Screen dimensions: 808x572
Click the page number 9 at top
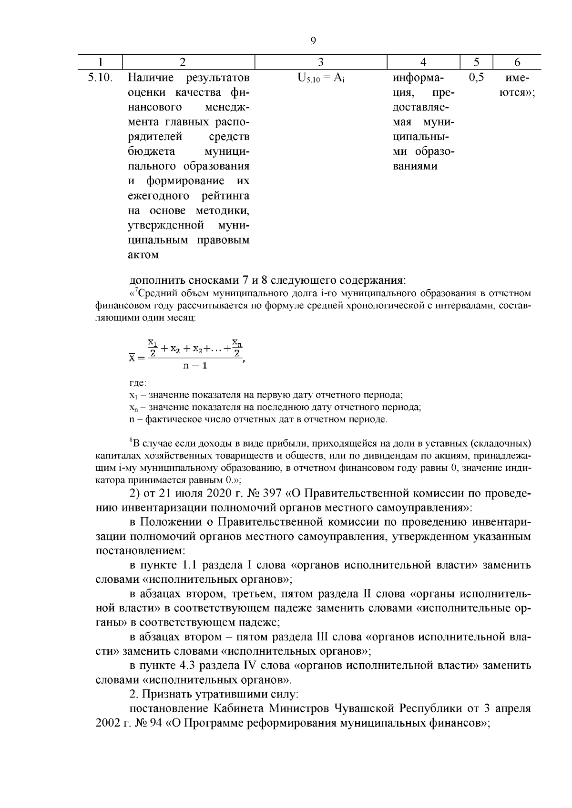(313, 41)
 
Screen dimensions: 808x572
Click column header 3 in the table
(321, 62)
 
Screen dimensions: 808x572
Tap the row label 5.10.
(100, 78)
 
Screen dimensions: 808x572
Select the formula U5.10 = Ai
(321, 78)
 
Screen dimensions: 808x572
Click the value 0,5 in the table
(476, 78)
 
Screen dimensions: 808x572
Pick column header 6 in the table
(517, 62)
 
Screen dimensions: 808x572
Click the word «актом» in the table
(143, 255)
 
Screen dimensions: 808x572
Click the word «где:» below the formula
(138, 383)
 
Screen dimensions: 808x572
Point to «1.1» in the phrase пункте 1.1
(191, 565)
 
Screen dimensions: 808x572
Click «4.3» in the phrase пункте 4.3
(191, 665)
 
